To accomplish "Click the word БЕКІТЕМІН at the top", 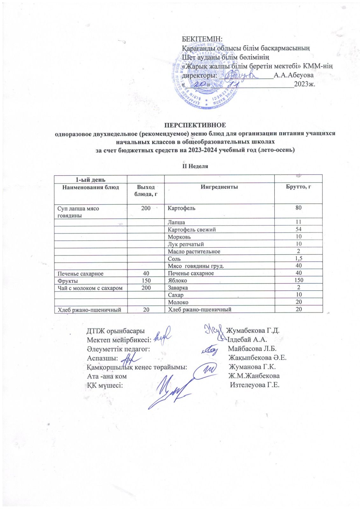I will pyautogui.click(x=202, y=39).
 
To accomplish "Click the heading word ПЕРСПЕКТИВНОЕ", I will pyautogui.click(x=195, y=125).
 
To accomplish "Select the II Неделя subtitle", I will pyautogui.click(x=195, y=166).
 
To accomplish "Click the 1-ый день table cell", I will pyautogui.click(x=90, y=180).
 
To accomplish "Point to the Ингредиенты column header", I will pyautogui.click(x=219, y=187).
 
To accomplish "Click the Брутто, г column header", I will pyautogui.click(x=298, y=187).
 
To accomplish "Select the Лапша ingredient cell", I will pyautogui.click(x=176, y=222).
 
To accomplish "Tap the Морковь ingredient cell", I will pyautogui.click(x=179, y=237).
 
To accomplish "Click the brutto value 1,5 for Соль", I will pyautogui.click(x=298, y=259).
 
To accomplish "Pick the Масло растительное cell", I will pyautogui.click(x=194, y=252).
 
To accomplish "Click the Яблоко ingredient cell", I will pyautogui.click(x=177, y=281).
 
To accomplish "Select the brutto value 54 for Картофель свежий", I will pyautogui.click(x=298, y=229).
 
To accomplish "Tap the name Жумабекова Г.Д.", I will pyautogui.click(x=252, y=330).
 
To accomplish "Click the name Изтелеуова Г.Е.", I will pyautogui.click(x=255, y=385).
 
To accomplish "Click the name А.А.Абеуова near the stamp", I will pyautogui.click(x=293, y=75).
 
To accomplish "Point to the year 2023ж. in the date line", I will pyautogui.click(x=304, y=84).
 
